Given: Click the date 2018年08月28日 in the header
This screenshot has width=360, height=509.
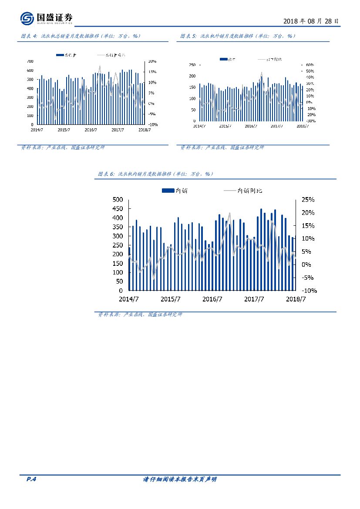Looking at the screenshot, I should pos(310,21).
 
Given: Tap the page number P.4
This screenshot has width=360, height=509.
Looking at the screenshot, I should pos(30,479).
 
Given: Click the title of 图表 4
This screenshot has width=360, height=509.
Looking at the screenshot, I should pos(81,37).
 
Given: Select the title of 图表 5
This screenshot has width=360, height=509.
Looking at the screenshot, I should pos(238,37).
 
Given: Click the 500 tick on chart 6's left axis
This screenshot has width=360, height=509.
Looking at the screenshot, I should pos(118,200).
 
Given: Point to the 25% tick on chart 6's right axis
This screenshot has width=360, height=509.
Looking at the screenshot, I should pos(308,200).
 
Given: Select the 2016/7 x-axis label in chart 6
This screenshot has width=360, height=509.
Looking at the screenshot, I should pos(212,299).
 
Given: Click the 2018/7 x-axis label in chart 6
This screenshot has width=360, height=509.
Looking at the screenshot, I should pos(296,299).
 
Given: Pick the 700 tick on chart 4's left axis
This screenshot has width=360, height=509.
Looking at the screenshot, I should pos(30,61).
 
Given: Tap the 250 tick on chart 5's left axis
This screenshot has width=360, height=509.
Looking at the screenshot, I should pos(192,65).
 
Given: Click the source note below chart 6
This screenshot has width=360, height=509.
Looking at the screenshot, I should pos(140,315).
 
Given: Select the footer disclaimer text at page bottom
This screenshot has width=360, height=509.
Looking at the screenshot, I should pos(180,479).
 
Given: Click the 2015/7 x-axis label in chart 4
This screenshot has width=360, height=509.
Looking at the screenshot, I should pos(64,130).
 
